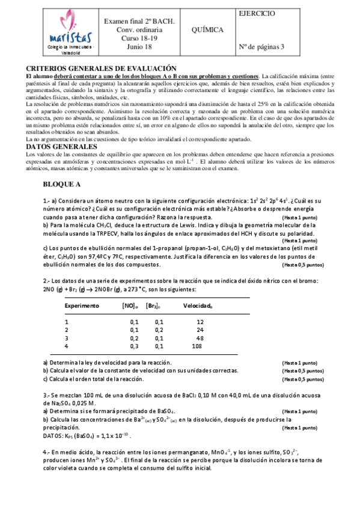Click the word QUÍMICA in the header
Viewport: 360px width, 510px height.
click(x=206, y=29)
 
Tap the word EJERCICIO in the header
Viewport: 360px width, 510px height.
click(x=257, y=13)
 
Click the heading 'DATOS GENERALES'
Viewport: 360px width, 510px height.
click(x=61, y=146)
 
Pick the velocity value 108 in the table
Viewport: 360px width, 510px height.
click(x=196, y=346)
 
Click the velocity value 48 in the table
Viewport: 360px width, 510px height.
click(x=200, y=338)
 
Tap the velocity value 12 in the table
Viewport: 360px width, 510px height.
click(x=200, y=322)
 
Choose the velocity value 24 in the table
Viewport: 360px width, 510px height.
click(x=200, y=330)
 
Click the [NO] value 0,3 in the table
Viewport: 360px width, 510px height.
click(x=134, y=346)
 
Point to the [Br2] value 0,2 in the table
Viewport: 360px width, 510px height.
click(x=159, y=330)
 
